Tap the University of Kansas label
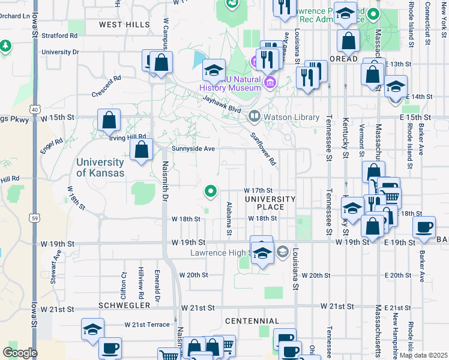tap(100, 167)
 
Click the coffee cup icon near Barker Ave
tap(424, 227)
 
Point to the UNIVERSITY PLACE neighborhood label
tap(270, 203)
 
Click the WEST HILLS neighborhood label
tap(124, 25)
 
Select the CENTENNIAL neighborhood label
tap(252, 321)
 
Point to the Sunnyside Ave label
tap(193, 148)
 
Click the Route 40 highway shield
tap(35, 110)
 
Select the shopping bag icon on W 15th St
tap(109, 121)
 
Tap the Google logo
tap(19, 353)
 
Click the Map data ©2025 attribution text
tap(423, 355)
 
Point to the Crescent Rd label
tap(107, 86)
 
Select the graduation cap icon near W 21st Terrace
tap(92, 330)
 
